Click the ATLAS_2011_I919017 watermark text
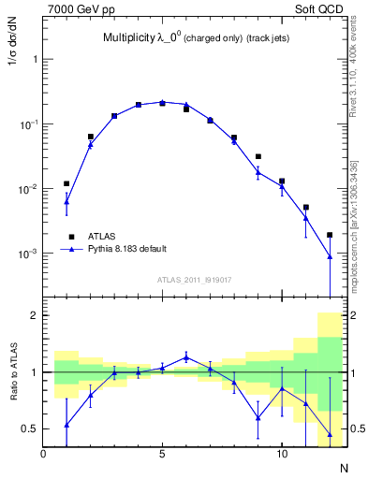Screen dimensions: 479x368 point(193,279)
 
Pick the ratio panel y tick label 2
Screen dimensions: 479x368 point(35,315)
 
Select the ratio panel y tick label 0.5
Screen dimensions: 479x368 point(30,428)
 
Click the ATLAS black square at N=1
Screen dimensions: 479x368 point(66,183)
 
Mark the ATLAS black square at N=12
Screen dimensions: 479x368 point(330,235)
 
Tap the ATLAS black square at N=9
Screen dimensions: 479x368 point(258,156)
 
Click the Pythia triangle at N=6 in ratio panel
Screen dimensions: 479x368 point(186,356)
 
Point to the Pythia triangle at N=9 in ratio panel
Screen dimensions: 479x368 point(258,417)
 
